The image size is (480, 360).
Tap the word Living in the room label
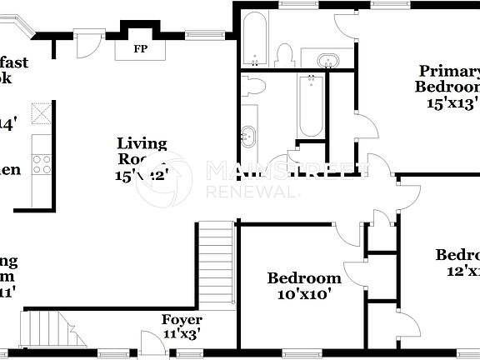pos(142,144)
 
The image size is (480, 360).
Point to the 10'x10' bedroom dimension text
pos(304,293)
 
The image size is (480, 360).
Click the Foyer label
pos(182,320)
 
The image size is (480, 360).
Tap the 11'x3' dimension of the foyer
pos(182,334)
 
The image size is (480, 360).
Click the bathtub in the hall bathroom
pos(310,106)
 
